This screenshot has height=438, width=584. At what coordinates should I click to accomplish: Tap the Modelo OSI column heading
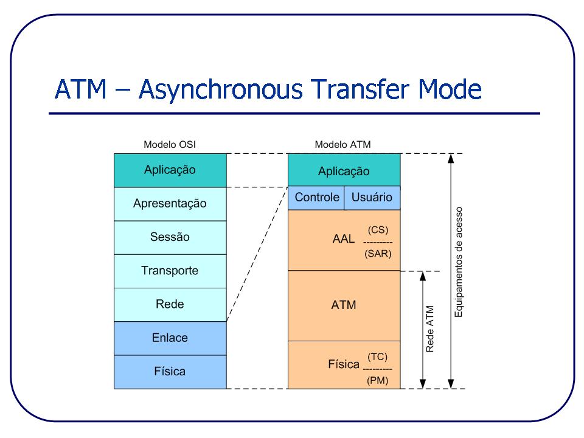tap(170, 145)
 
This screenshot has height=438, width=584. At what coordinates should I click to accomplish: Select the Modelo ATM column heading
tap(342, 145)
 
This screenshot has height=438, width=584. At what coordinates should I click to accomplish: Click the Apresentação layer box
tap(170, 204)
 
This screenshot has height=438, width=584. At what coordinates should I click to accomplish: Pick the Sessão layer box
tap(170, 237)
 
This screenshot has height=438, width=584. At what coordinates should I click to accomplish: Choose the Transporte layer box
tap(170, 271)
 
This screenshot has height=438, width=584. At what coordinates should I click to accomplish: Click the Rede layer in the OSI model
tap(170, 304)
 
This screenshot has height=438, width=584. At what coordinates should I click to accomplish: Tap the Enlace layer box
tap(170, 338)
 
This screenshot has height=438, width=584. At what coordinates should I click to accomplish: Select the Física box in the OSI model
tap(170, 371)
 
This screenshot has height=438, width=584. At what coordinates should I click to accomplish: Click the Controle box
tap(316, 198)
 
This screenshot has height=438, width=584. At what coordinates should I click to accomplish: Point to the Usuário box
tap(372, 198)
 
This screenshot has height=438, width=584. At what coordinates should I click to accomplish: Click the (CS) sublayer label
tap(378, 230)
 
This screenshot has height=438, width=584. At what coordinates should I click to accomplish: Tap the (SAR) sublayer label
tap(378, 254)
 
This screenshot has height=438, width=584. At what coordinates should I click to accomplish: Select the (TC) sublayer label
tap(377, 357)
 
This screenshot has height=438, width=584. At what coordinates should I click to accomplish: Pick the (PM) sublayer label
tap(377, 381)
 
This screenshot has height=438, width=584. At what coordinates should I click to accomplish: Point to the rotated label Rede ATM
tap(430, 329)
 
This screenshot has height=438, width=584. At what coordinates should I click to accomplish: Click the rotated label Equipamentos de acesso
tap(459, 262)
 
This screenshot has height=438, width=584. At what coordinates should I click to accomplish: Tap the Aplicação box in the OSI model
tap(170, 170)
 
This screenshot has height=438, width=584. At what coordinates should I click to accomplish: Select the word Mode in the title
tap(451, 90)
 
